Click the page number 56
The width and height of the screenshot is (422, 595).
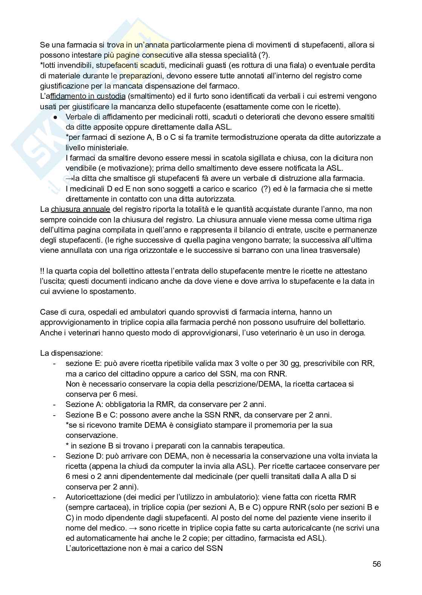(376, 564)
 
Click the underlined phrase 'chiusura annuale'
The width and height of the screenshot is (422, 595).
(80, 209)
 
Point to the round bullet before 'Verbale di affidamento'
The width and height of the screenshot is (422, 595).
(55, 117)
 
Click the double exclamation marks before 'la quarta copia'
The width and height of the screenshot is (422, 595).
(42, 271)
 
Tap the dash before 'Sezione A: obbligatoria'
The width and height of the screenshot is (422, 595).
(55, 405)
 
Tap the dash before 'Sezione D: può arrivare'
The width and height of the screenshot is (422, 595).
(55, 456)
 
